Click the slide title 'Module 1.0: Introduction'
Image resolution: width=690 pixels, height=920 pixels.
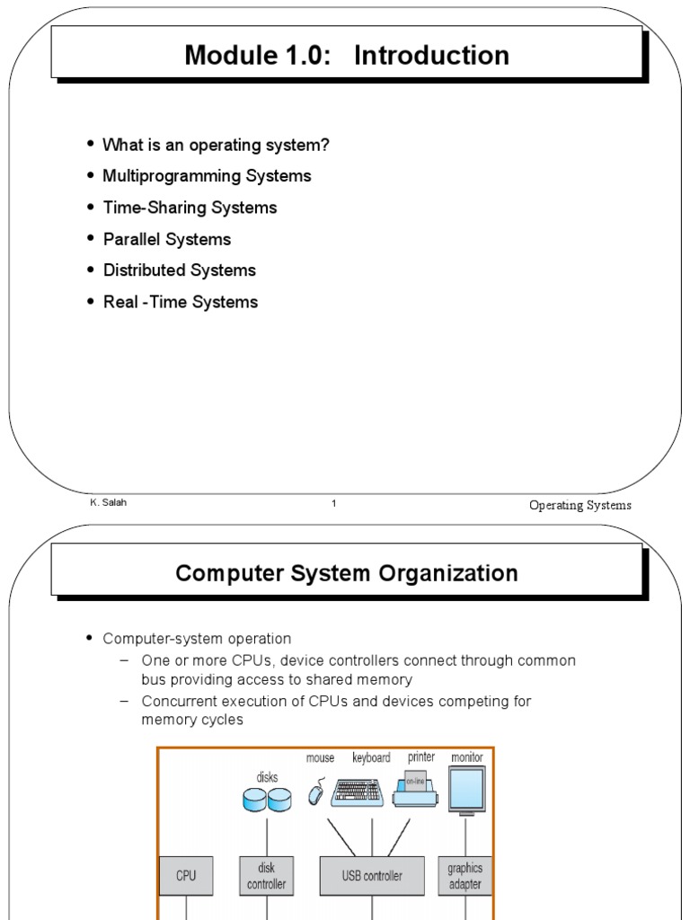tap(347, 56)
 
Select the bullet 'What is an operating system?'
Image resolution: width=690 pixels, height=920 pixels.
tap(216, 145)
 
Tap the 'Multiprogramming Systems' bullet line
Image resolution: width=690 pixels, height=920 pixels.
tap(207, 176)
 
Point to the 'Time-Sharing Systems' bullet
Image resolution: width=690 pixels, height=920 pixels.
tap(190, 208)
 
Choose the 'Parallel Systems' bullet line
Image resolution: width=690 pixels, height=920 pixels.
tap(167, 239)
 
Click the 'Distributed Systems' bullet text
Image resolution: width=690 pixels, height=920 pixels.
tap(180, 270)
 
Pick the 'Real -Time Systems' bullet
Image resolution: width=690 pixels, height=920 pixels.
tap(181, 302)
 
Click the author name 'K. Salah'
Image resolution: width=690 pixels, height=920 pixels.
tap(108, 503)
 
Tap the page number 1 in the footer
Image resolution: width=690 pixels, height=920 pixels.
tap(334, 504)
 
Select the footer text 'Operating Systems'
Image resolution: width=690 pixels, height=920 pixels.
tap(580, 505)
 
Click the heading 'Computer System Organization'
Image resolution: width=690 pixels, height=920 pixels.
tap(347, 573)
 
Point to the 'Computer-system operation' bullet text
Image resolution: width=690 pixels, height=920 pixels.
tap(197, 639)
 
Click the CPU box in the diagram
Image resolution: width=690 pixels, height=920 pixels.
tap(186, 875)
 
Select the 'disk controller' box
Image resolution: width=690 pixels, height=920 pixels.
tap(267, 875)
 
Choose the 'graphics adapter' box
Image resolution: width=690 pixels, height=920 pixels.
tap(464, 875)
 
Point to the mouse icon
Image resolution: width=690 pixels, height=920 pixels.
tap(316, 793)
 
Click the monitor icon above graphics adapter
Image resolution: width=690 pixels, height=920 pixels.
tap(466, 790)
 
